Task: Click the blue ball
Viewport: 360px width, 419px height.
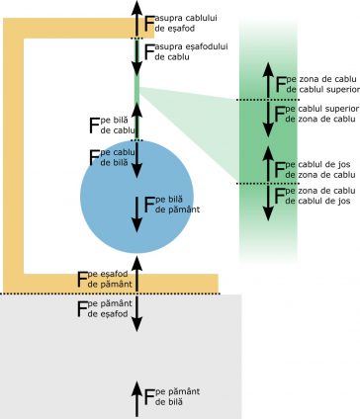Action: [x=136, y=197]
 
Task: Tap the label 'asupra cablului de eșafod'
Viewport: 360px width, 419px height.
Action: [x=186, y=23]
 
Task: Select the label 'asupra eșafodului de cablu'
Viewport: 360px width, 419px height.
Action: [x=191, y=51]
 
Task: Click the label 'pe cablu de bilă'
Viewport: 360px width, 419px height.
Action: [x=118, y=157]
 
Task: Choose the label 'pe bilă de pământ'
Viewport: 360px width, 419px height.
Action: [x=177, y=205]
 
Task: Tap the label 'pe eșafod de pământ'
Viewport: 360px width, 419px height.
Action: [x=110, y=279]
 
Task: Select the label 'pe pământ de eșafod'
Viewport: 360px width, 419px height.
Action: [x=110, y=308]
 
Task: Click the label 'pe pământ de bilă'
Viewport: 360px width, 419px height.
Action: [x=177, y=396]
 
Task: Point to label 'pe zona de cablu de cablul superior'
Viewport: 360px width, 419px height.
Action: [x=322, y=84]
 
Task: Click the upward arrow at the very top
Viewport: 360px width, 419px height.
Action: [x=136, y=19]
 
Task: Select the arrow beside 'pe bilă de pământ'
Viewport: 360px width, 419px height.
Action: [x=136, y=214]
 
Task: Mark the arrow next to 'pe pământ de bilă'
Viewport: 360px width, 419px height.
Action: [x=136, y=399]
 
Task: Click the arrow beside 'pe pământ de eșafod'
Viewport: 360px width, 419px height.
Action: [x=136, y=313]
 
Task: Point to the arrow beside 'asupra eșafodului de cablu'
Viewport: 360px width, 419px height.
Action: [x=136, y=57]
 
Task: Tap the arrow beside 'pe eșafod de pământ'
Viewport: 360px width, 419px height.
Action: [x=136, y=274]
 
